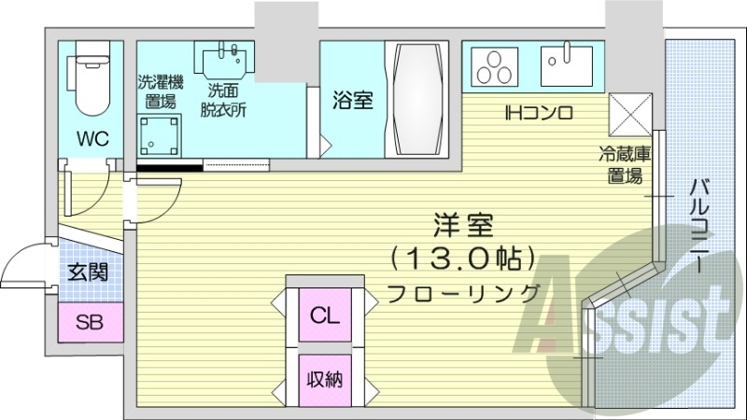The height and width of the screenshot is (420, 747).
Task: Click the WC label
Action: coord(92,139)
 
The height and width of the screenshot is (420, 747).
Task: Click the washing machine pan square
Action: coord(159,135)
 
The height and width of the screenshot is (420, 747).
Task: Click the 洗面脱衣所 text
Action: coord(227,99)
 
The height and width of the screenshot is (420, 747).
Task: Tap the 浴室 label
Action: coord(353,100)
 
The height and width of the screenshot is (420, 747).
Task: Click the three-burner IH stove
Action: coord(494,65)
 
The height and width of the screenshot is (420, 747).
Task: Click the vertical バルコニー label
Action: coord(697,224)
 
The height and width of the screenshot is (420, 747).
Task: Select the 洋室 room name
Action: coord(462,224)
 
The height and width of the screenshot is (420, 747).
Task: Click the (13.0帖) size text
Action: coord(462,256)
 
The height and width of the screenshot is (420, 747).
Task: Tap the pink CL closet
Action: coord(323,315)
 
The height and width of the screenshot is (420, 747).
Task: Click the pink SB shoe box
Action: coord(90,324)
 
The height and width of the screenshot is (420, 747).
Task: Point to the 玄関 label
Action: coord(89,273)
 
